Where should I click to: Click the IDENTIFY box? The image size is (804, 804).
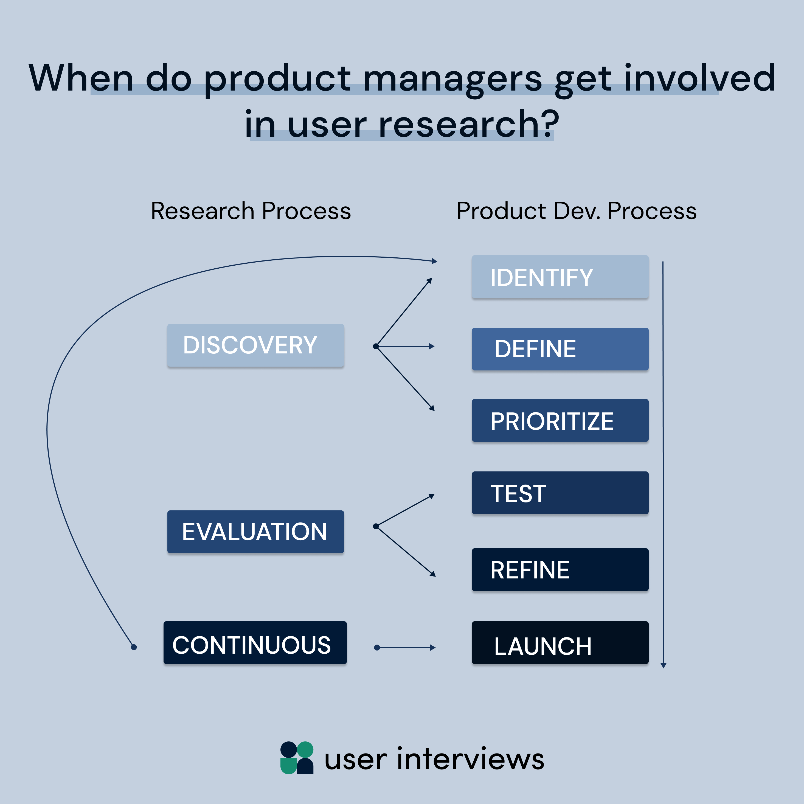[560, 277]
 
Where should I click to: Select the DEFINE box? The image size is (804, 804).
[560, 349]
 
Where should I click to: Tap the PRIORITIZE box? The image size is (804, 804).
[560, 420]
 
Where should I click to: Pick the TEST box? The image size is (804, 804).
[560, 493]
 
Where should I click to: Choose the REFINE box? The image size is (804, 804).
[560, 569]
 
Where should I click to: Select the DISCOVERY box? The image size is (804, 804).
[255, 345]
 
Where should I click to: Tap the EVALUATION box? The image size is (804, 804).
[255, 532]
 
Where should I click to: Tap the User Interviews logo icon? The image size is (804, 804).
[297, 758]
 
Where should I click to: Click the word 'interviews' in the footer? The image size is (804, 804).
[470, 759]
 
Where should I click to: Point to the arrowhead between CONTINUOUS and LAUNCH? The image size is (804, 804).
[433, 648]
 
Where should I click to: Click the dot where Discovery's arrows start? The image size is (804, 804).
[375, 346]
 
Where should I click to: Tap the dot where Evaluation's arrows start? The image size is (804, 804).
[375, 526]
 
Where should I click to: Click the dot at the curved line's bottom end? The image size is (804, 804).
[134, 647]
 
